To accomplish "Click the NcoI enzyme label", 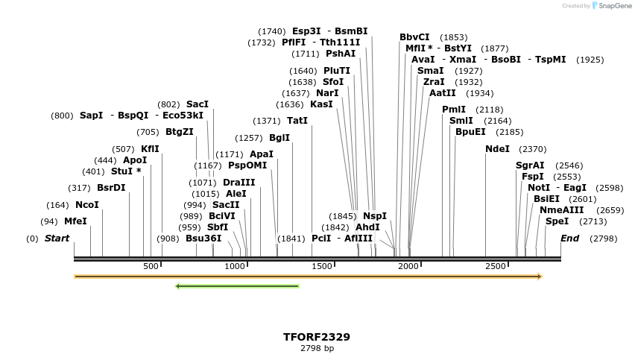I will pyautogui.click(x=87, y=205).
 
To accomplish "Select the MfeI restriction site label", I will pyautogui.click(x=75, y=221).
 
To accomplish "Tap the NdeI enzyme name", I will pyautogui.click(x=497, y=149).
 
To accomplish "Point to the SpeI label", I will pyautogui.click(x=557, y=221).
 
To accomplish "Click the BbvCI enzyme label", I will pyautogui.click(x=414, y=37).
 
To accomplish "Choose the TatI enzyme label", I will pyautogui.click(x=297, y=121).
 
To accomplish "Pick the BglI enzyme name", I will pyautogui.click(x=279, y=138).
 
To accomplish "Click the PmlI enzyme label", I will pyautogui.click(x=454, y=110).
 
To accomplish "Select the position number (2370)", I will pyautogui.click(x=532, y=149).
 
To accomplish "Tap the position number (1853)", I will pyautogui.click(x=454, y=37).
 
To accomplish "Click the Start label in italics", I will pyautogui.click(x=57, y=239).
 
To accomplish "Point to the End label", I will pyautogui.click(x=569, y=239).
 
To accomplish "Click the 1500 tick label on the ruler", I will pyautogui.click(x=322, y=266).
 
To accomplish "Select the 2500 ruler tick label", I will pyautogui.click(x=495, y=266).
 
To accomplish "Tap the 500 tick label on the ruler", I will pyautogui.click(x=151, y=266).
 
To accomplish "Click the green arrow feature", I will pyautogui.click(x=237, y=285).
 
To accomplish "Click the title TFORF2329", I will pyautogui.click(x=317, y=337).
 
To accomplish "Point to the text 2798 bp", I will pyautogui.click(x=317, y=348).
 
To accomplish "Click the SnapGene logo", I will pyautogui.click(x=611, y=6).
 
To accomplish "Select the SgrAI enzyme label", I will pyautogui.click(x=530, y=165).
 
